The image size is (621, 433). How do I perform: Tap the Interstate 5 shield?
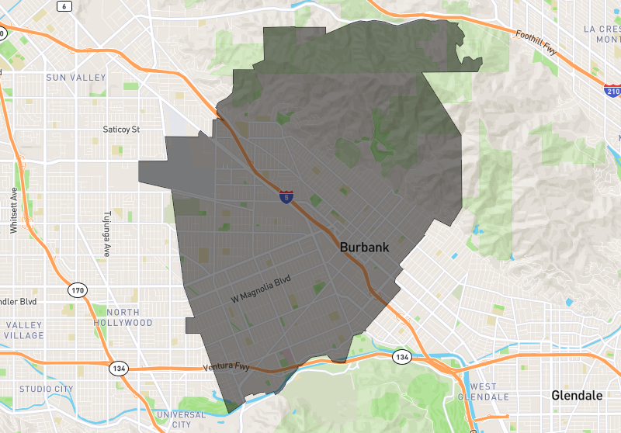click(287, 197)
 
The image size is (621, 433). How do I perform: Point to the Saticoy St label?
click(121, 129)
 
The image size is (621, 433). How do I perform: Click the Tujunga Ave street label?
click(108, 234)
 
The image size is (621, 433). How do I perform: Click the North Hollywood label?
click(123, 317)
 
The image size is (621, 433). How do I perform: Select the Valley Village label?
click(24, 330)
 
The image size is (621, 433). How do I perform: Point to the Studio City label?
click(46, 389)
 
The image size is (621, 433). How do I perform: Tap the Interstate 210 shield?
click(612, 89)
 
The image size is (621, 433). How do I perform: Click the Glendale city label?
click(576, 396)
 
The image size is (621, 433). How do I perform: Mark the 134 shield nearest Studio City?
click(118, 367)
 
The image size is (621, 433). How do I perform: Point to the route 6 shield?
click(64, 6)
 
